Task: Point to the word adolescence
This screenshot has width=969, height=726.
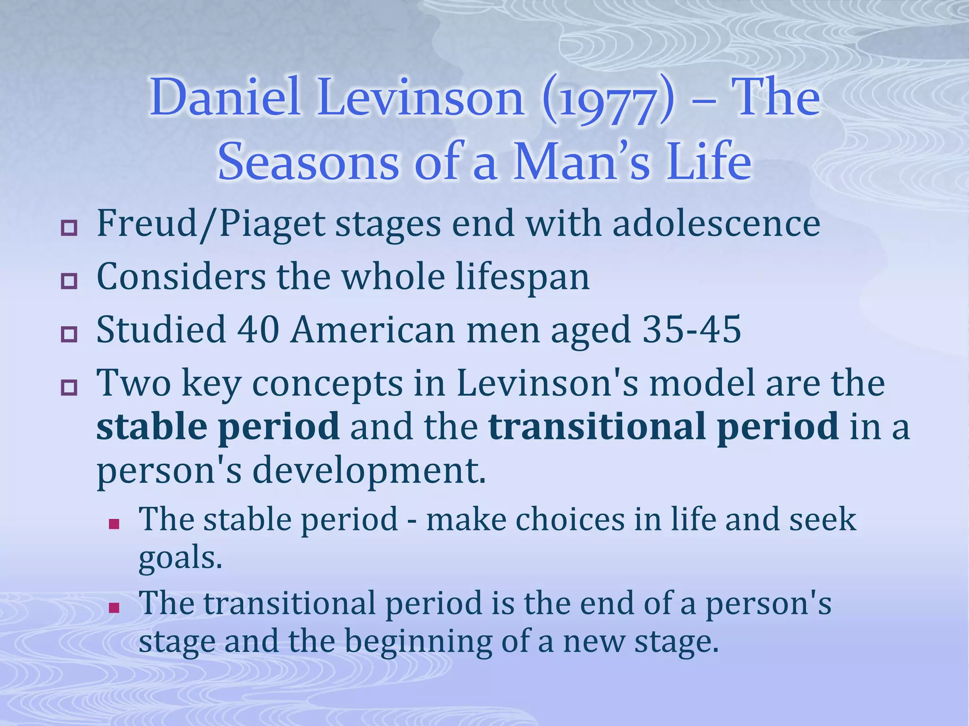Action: pos(716,224)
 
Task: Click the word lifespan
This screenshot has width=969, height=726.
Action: pos(523,277)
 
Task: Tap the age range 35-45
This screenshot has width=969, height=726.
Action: pos(691,329)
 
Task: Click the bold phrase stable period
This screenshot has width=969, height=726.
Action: pos(218,427)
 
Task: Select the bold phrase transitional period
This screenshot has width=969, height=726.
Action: pos(663,427)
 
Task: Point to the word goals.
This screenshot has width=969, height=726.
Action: pos(180,559)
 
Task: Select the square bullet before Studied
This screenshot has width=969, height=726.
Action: pos(69,335)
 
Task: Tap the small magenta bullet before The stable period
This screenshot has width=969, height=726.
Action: pos(113,524)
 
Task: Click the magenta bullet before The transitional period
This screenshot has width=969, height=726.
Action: pos(113,607)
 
